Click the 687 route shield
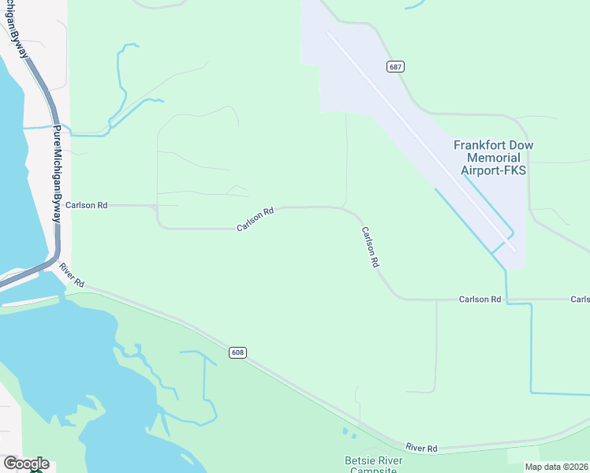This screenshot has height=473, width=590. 396,67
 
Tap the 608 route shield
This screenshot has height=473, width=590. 238,352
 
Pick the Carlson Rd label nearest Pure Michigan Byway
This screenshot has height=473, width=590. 87,205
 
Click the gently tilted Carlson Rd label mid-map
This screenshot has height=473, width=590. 255,220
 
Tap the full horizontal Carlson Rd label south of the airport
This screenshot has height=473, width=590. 480,300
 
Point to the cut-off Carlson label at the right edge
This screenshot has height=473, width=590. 581,300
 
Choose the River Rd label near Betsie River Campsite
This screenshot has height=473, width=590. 421,448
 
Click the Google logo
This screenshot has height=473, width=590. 25,464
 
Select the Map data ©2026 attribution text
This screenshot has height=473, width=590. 556,467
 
